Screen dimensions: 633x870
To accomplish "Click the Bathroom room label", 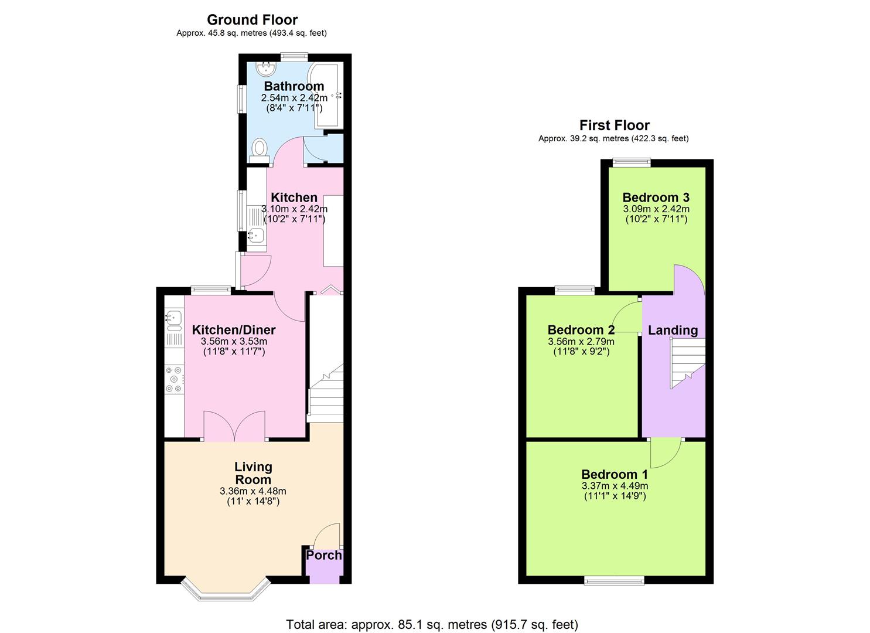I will pos(294,86).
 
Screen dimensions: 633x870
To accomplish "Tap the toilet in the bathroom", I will pos(259,149).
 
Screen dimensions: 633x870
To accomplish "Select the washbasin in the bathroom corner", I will pos(268,69).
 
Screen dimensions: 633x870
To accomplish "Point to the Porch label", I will pos(323,555).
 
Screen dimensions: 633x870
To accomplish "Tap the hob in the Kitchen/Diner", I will pos(174,379).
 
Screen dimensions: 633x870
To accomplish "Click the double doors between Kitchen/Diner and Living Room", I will pos(234,426).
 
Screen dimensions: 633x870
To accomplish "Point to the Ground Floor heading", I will pos(252,20).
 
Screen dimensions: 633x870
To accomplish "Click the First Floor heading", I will pos(614,125).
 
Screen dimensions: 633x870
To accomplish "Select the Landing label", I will pos(673,331).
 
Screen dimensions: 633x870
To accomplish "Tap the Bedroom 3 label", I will pos(656,198).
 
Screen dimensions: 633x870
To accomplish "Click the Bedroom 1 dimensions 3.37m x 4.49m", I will pos(615,486).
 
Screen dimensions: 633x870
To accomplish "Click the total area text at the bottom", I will pos(432,624).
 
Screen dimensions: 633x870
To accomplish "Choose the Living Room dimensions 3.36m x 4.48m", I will pos(253,491).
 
